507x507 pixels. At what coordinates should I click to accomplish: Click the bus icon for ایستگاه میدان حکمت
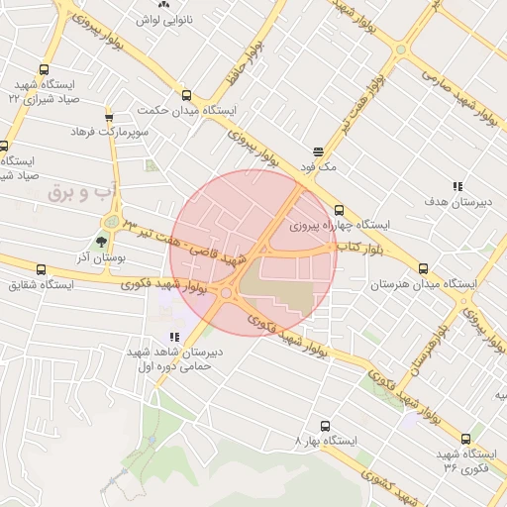pos(187,95)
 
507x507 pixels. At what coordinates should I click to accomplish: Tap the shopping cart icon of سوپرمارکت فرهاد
pos(109,117)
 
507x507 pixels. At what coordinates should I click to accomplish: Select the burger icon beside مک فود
pos(318,152)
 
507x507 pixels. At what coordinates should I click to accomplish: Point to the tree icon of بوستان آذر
pos(101,240)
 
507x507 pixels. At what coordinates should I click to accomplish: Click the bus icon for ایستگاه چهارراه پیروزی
pos(340,210)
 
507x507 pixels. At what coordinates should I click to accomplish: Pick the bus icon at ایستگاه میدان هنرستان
pos(424,268)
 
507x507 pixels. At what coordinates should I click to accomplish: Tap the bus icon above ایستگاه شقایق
pos(41,270)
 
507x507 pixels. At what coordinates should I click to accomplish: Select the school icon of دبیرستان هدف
pos(456,185)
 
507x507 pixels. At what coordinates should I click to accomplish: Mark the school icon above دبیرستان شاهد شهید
pos(174,337)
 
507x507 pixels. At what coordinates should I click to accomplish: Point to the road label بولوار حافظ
pos(258,59)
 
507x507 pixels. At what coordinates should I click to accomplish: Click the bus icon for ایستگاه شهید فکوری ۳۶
pos(466,439)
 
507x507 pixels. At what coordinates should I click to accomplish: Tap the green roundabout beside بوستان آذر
pos(110,221)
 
